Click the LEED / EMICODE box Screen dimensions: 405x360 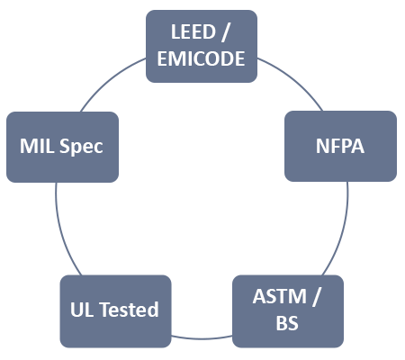point(202,46)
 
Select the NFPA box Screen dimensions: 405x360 point(340,146)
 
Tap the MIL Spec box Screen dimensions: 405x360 point(62,147)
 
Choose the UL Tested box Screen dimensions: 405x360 point(115,311)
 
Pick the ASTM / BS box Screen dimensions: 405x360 point(288,311)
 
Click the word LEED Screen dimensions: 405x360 point(193,31)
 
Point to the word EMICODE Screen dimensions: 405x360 point(201,58)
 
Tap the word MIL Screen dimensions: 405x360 point(37,146)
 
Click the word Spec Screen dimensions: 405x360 point(81,147)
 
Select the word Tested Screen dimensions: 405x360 point(129,310)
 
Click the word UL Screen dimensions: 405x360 point(82,310)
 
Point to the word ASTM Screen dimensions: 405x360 point(280,296)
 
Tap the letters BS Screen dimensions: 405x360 point(287,323)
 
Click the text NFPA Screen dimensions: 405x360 point(340,146)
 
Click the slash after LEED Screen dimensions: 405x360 point(225,32)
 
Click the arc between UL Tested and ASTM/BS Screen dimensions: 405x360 point(202,338)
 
